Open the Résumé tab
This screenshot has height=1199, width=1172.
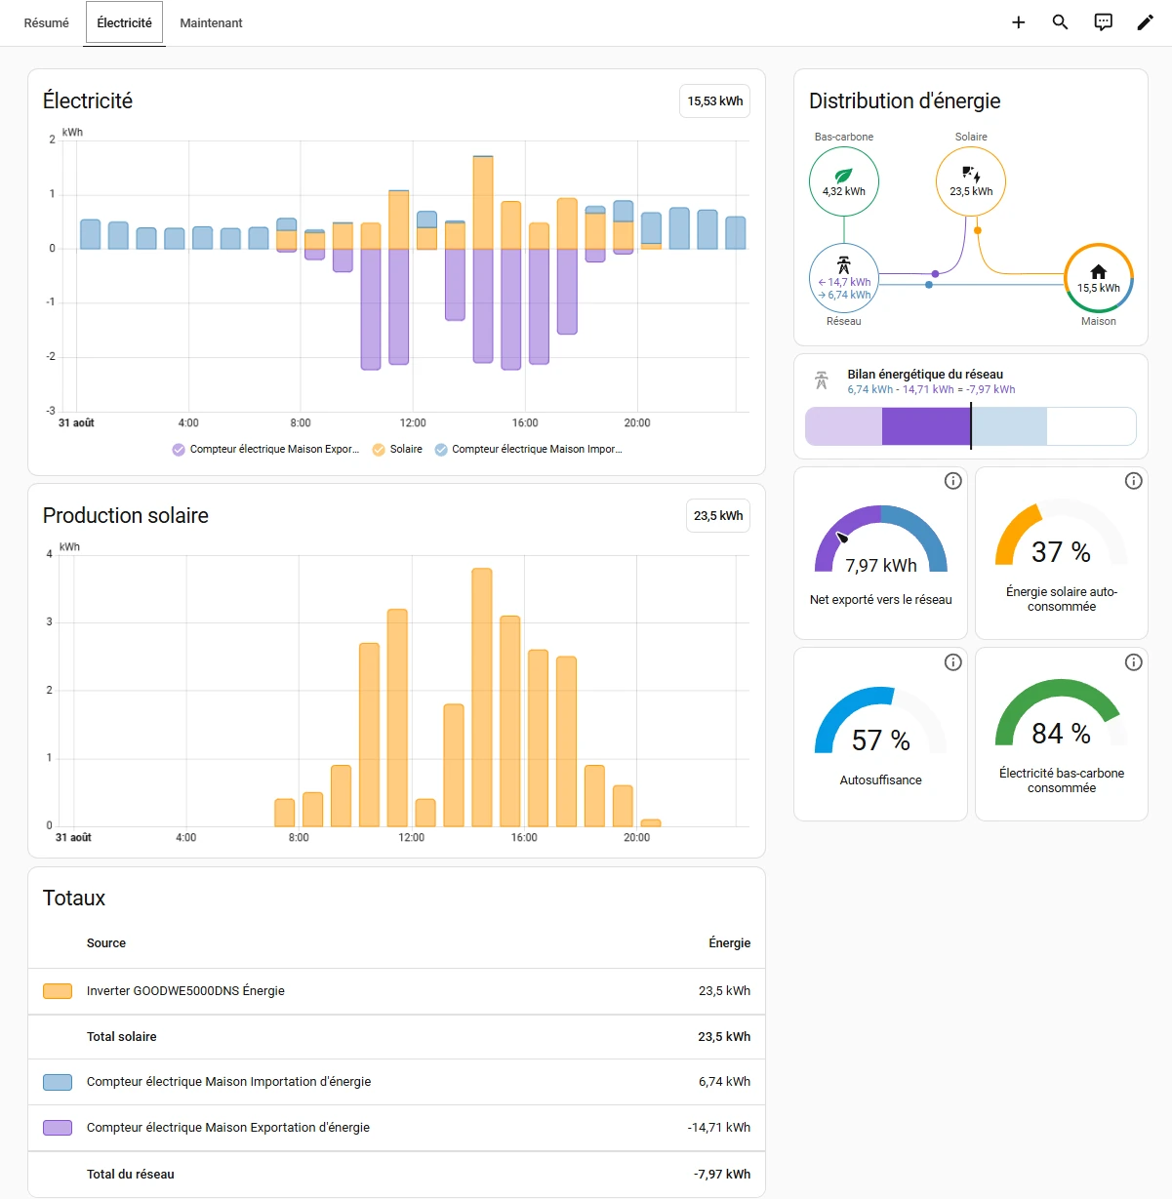[x=46, y=22]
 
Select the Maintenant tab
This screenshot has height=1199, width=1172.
[x=211, y=22]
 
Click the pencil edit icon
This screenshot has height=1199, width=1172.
[x=1145, y=22]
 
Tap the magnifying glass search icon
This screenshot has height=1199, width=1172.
[x=1060, y=22]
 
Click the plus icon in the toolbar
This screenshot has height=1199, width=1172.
[x=1019, y=22]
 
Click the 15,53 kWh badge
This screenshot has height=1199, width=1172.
[x=714, y=101]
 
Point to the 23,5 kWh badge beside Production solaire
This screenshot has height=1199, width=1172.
[x=718, y=516]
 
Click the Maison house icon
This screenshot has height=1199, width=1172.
[x=1098, y=272]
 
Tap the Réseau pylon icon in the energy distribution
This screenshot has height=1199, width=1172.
[x=843, y=265]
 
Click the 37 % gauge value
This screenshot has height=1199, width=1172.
[x=1061, y=552]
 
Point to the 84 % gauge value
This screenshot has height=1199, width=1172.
[x=1061, y=734]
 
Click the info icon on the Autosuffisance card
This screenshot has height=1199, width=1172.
[x=952, y=662]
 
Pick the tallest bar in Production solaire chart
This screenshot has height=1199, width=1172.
[x=482, y=697]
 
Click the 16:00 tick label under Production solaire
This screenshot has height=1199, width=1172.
[x=524, y=837]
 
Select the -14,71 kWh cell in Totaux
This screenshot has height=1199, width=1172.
[x=718, y=1127]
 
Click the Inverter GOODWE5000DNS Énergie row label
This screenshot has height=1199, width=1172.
[x=185, y=991]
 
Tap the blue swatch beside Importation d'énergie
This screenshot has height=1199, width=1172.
[x=58, y=1082]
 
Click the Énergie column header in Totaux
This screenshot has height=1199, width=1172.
[x=730, y=942]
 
